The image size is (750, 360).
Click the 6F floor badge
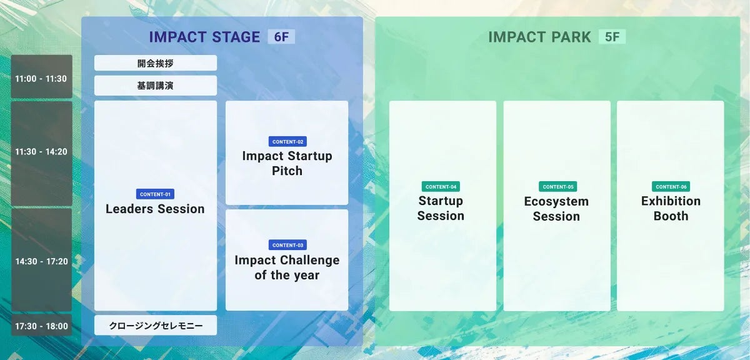click(281, 36)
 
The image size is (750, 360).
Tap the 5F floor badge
click(612, 36)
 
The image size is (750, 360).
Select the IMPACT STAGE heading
click(204, 37)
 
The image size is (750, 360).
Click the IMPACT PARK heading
click(539, 37)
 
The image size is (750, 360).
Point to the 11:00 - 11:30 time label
click(41, 79)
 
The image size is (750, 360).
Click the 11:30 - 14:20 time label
click(41, 152)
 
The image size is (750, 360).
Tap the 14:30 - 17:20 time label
click(41, 261)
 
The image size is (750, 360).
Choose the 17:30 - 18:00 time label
click(41, 326)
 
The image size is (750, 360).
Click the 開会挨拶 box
click(156, 63)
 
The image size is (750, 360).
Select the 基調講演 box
click(156, 86)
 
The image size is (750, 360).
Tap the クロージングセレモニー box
click(156, 325)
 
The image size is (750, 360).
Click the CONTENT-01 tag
click(155, 194)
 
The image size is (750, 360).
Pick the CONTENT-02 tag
click(287, 141)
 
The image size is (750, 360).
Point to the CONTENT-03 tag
click(287, 245)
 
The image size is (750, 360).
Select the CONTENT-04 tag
click(441, 186)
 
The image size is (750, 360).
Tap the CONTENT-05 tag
click(557, 186)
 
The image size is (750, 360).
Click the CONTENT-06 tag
click(671, 186)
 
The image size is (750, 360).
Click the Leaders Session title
click(155, 209)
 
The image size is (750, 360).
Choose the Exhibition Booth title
click(671, 208)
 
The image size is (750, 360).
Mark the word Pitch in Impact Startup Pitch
click(287, 171)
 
